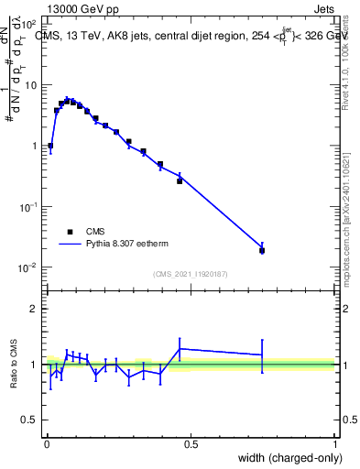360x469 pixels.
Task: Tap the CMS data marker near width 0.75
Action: pyautogui.click(x=262, y=250)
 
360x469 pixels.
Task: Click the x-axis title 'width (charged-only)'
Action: pyautogui.click(x=285, y=457)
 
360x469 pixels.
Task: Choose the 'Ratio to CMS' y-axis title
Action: pyautogui.click(x=15, y=366)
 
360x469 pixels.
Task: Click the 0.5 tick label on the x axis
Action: pyautogui.click(x=191, y=444)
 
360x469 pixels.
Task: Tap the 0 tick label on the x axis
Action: pyautogui.click(x=46, y=444)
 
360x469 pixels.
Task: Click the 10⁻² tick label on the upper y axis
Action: pyautogui.click(x=27, y=267)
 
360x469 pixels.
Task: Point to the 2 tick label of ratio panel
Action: pyautogui.click(x=33, y=309)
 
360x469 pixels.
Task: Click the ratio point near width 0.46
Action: pyautogui.click(x=180, y=349)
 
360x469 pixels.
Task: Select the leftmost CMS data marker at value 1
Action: pyautogui.click(x=50, y=146)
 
